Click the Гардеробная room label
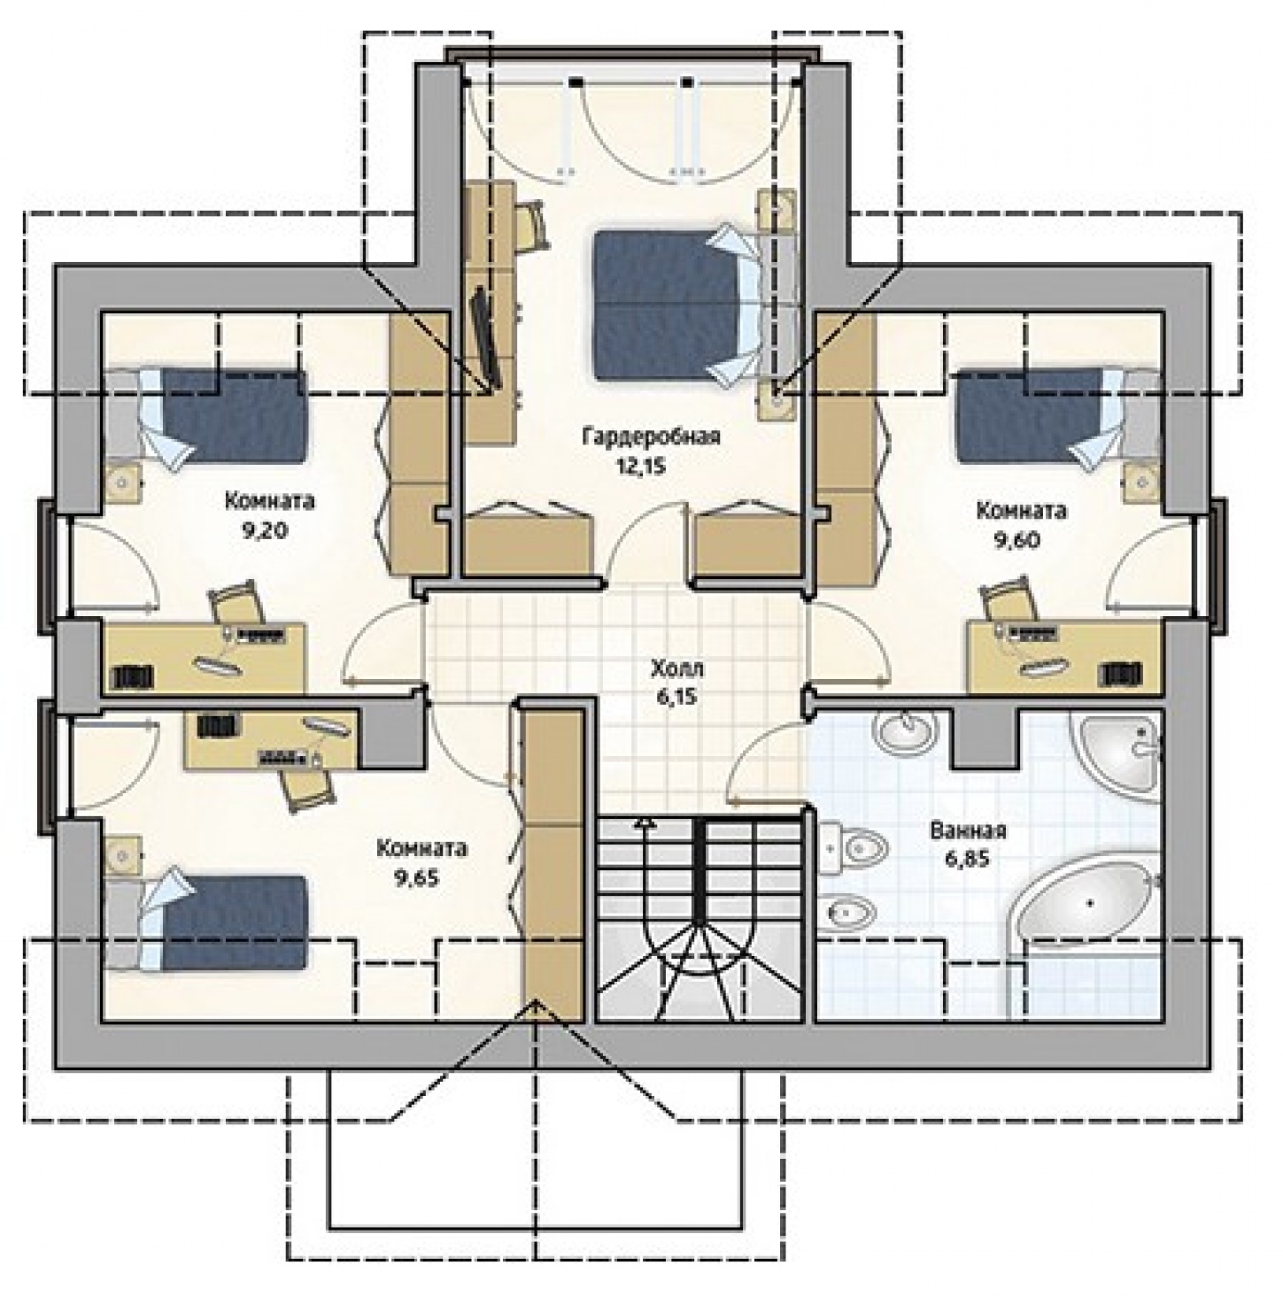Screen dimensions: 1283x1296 click(651, 436)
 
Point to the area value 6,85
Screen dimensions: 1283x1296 click(968, 859)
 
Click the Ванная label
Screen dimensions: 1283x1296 click(968, 830)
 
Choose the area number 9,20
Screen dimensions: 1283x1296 click(265, 530)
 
